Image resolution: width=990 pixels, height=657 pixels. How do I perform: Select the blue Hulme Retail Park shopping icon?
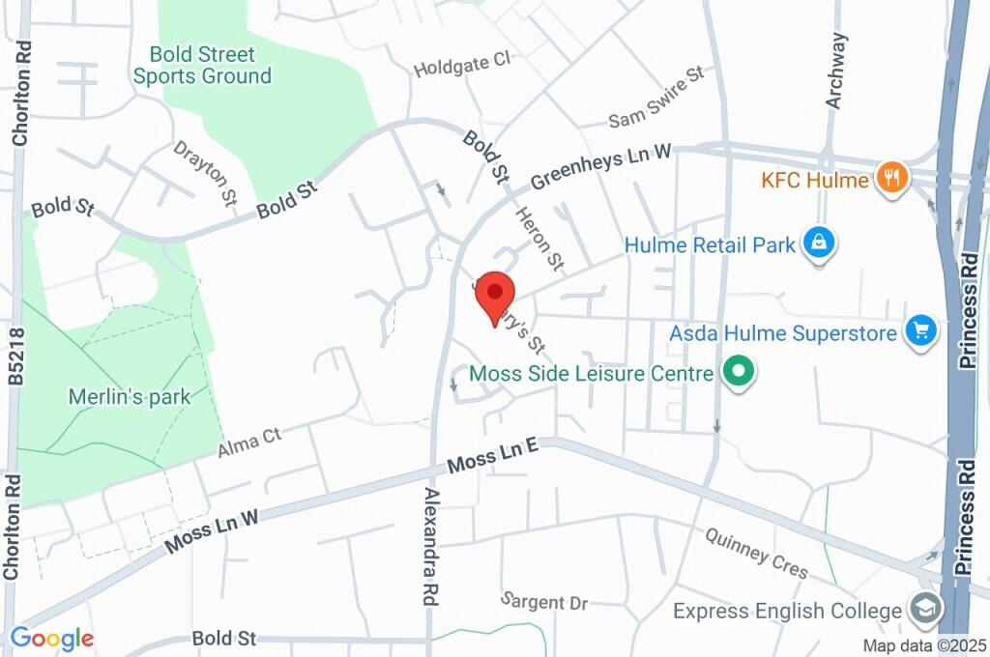[x=819, y=244]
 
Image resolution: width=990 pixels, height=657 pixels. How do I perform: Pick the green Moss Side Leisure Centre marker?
[x=740, y=372]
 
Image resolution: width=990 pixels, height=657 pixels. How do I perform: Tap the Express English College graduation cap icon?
[x=925, y=610]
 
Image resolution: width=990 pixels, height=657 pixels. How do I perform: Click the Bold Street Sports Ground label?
[x=202, y=65]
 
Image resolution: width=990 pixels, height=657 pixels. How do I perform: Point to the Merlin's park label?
[x=130, y=396]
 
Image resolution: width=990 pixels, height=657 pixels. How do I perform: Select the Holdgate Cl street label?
[x=461, y=65]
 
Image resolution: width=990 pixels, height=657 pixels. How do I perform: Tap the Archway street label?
[x=836, y=71]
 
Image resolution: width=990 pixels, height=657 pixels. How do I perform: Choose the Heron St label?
[x=539, y=239]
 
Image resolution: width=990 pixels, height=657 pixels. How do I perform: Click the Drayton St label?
[x=206, y=173]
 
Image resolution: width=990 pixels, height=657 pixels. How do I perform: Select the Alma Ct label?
[x=248, y=442]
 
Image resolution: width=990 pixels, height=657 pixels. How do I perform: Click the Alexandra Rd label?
[x=430, y=547]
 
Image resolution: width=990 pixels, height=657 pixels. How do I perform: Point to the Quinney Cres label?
[x=756, y=553]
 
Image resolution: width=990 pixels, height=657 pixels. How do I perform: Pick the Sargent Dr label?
[x=544, y=600]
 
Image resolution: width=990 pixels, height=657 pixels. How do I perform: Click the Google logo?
[x=52, y=638]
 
